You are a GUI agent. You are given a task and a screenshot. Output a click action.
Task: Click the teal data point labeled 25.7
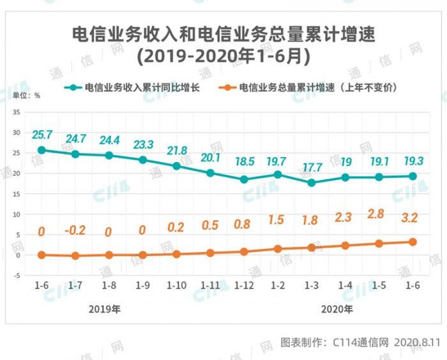[x=42, y=150]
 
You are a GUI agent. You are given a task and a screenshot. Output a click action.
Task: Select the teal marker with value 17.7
[x=312, y=183]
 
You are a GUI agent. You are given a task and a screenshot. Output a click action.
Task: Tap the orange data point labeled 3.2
[x=413, y=242]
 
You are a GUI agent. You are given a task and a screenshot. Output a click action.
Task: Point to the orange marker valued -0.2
[x=75, y=256]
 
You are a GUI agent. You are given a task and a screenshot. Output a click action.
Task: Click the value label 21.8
[x=177, y=151]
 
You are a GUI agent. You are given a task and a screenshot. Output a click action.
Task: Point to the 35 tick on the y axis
[x=17, y=112]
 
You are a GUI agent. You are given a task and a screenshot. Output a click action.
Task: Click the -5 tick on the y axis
[x=17, y=276]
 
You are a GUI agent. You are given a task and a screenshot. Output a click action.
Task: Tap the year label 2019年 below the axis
[x=105, y=310]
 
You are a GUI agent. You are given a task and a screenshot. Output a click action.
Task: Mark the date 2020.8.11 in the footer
[x=417, y=343]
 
